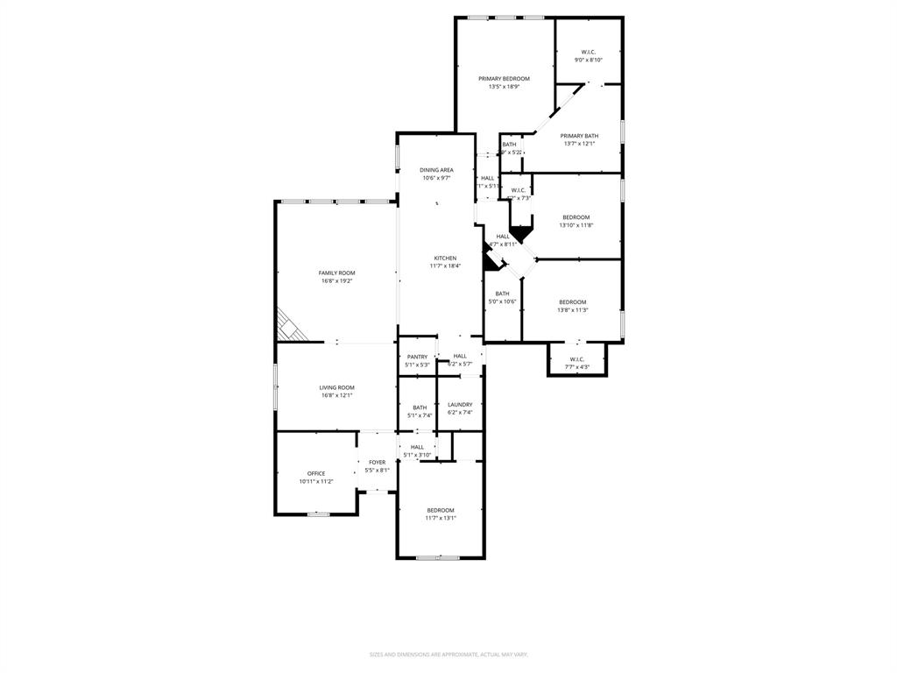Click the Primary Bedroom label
(504, 79)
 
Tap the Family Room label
(336, 273)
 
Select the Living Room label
(336, 387)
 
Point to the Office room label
(316, 473)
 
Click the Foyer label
(377, 462)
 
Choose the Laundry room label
(460, 405)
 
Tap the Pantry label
(417, 357)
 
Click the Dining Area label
(436, 170)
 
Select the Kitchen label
(445, 258)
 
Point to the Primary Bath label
(579, 136)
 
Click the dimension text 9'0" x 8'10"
(588, 60)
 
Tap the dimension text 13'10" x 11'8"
(576, 225)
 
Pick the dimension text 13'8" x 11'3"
(573, 309)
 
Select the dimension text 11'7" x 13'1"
(441, 518)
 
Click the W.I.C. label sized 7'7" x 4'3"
(576, 359)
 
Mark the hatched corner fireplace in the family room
(290, 326)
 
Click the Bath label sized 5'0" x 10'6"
(502, 294)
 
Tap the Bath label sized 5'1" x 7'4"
(420, 407)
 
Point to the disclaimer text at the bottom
(448, 655)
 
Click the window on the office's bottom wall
(318, 514)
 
